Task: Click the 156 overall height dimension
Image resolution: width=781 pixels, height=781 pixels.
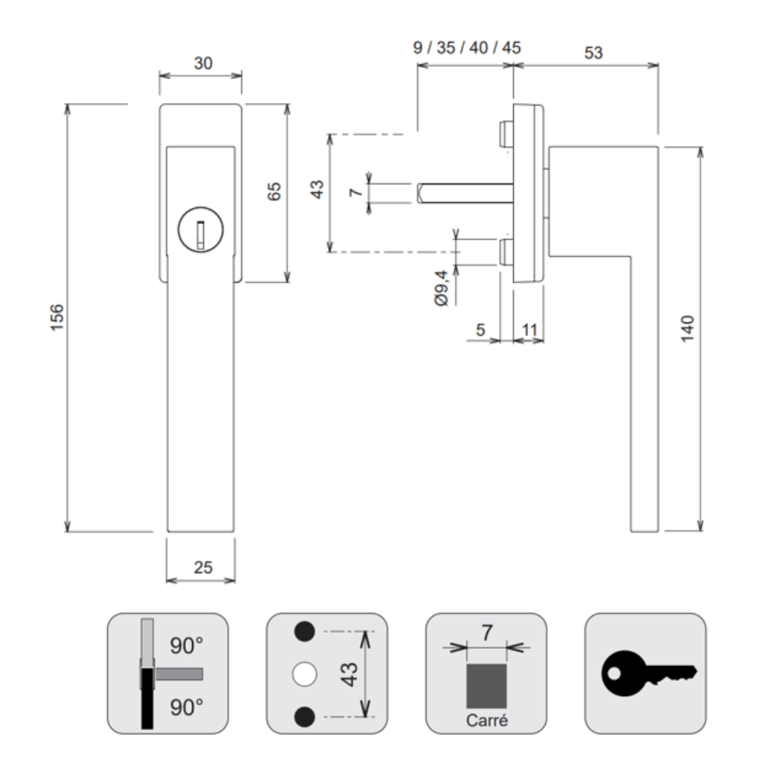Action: (57, 317)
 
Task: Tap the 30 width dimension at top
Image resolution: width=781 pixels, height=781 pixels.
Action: (203, 63)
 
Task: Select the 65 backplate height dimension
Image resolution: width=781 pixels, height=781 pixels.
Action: (274, 191)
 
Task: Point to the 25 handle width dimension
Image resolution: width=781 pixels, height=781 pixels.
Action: (203, 567)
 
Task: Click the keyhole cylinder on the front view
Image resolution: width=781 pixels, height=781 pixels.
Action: (201, 230)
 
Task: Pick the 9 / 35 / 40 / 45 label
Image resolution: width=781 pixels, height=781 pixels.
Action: (467, 48)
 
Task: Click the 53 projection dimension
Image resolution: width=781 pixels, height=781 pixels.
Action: (594, 53)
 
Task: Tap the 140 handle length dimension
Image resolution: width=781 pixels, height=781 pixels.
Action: (687, 328)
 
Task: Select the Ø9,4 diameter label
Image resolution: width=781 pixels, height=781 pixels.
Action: (441, 288)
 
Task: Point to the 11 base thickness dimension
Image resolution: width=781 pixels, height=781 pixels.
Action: (529, 330)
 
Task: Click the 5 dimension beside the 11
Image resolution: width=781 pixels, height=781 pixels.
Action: (480, 330)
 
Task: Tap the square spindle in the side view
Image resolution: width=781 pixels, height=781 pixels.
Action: (465, 193)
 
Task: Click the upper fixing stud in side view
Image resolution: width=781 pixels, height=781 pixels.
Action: (505, 134)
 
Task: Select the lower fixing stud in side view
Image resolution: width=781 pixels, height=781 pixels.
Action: (505, 252)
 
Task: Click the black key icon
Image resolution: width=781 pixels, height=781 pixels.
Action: (649, 673)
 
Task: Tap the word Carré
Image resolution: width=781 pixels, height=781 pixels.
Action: (487, 720)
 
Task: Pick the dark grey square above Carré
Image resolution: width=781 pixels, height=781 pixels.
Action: (486, 686)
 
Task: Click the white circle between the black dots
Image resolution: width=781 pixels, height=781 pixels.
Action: (305, 675)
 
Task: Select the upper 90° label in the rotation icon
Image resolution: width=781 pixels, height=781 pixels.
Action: (187, 646)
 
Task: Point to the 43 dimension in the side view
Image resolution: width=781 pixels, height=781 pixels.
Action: (317, 189)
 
